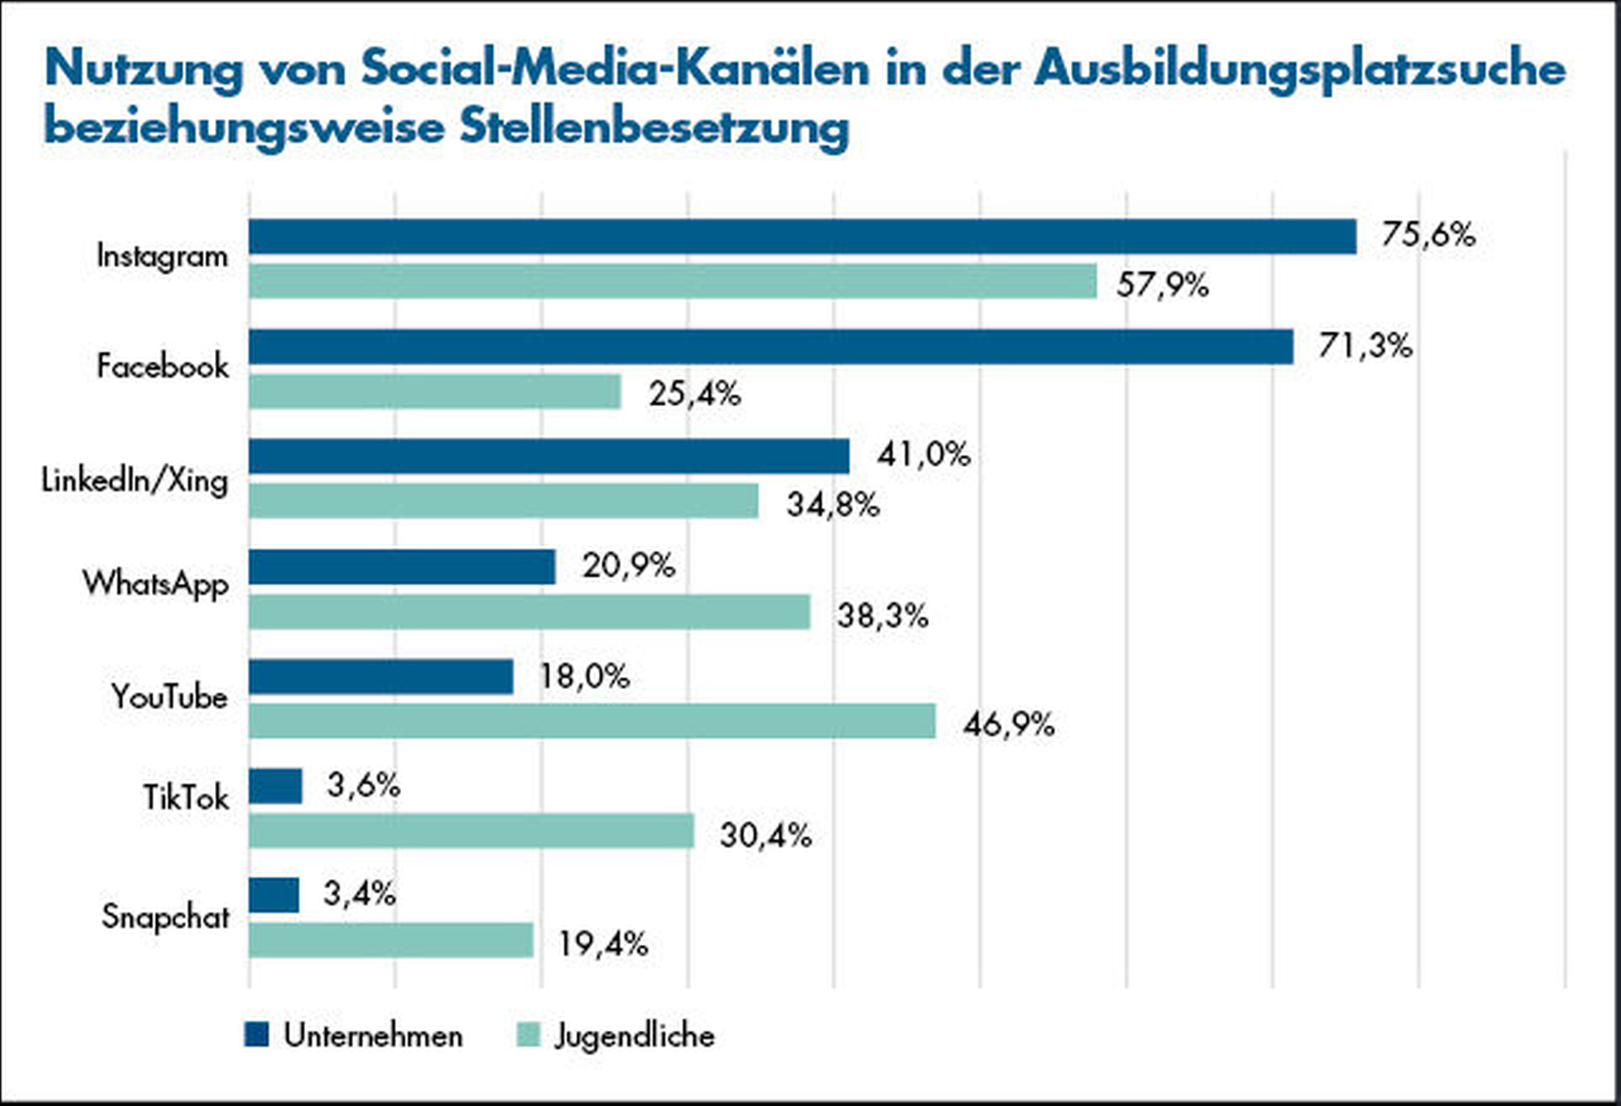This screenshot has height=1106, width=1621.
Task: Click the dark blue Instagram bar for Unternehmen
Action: pos(802,236)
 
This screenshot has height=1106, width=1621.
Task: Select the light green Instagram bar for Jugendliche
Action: pos(672,281)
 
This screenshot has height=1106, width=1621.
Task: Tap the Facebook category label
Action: pos(162,366)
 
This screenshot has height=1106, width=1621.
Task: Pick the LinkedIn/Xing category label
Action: pos(135,480)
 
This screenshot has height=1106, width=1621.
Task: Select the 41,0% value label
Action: pos(923,454)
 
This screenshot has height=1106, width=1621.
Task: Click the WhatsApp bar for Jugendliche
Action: pos(529,612)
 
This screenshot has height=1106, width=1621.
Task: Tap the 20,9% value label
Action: pos(628,565)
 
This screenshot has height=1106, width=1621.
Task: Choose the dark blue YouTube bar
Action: pos(381,677)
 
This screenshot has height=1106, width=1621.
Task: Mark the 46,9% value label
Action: pos(1008,725)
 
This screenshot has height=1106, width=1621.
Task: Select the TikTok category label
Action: pos(185,798)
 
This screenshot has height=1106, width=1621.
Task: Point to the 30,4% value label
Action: pos(765,835)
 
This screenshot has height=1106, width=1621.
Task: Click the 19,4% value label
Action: pos(603,944)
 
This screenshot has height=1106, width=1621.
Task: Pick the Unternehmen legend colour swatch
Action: pos(256,1034)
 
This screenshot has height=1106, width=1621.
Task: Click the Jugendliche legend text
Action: pos(635,1035)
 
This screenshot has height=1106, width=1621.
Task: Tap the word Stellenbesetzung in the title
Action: pos(654,127)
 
